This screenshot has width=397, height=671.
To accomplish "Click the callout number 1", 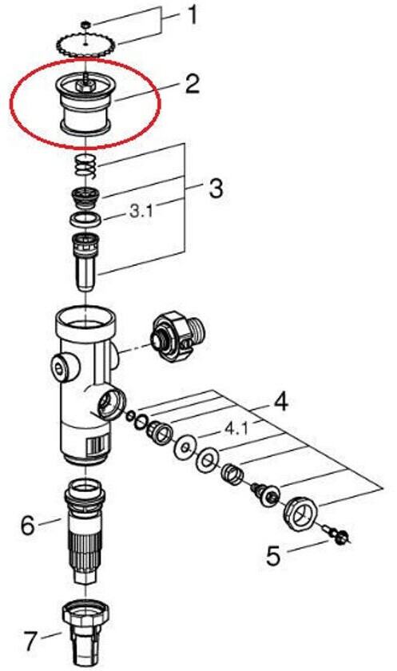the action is [x=193, y=15].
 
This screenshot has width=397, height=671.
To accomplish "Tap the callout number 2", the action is [x=193, y=84].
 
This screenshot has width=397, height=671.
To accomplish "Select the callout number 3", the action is [x=216, y=189].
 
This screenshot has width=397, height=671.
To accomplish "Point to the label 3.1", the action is [x=141, y=211].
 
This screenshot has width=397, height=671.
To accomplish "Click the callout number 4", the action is [x=280, y=403].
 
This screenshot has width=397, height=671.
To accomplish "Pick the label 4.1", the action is [x=236, y=428].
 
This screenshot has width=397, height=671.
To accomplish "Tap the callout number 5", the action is [x=274, y=556].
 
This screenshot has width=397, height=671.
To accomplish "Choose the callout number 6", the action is [x=28, y=525].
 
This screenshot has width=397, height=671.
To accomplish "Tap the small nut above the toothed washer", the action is [x=86, y=26].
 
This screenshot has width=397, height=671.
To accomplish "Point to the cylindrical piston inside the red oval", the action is [x=85, y=105].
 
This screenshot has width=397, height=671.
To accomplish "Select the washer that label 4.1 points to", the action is [x=185, y=448].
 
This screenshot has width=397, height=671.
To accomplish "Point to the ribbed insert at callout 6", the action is [x=85, y=530].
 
